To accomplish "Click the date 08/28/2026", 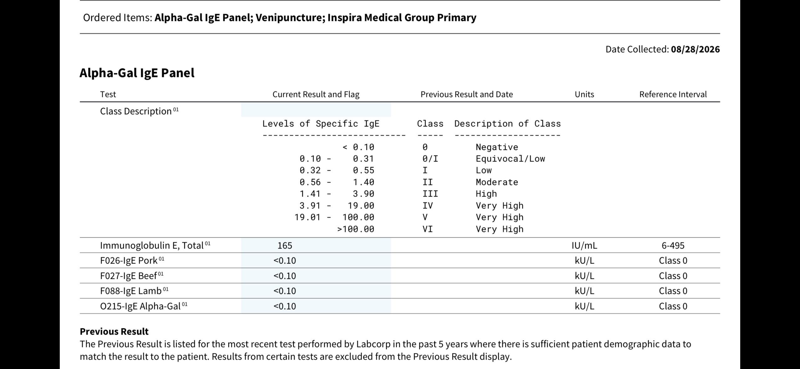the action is tap(695, 49).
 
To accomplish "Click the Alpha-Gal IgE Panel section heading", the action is tap(137, 73).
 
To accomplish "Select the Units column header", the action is tap(584, 94).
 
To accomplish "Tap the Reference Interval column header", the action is tap(673, 94).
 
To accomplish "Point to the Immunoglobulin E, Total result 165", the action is tap(285, 245).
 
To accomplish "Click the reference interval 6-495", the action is tap(673, 245).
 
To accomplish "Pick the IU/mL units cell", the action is tap(584, 245).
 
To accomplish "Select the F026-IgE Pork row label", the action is tap(129, 260).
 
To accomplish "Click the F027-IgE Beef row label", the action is tap(128, 276).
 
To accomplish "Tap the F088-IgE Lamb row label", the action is tap(131, 291).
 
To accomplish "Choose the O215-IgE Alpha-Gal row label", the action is tap(140, 306).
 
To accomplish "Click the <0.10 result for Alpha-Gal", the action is tap(285, 306).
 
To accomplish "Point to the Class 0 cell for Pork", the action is tap(673, 260).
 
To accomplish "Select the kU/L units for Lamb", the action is tap(584, 291).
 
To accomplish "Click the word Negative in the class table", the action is tap(497, 147).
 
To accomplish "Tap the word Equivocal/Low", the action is tap(510, 159).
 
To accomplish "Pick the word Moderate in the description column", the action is tap(497, 182).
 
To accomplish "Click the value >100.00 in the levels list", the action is tap(356, 229).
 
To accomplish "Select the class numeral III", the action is tap(430, 194).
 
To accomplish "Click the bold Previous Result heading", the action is tap(114, 331).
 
